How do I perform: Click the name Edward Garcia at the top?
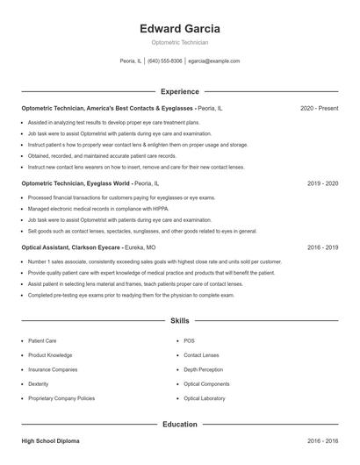[x=180, y=29]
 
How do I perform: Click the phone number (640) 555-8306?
[x=165, y=61]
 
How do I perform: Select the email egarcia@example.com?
[x=214, y=61]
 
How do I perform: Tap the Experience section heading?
[x=180, y=91]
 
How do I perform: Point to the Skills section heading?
[x=180, y=322]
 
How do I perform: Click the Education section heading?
[x=180, y=425]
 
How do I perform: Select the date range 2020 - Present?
[x=320, y=108]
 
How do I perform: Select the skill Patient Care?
[x=44, y=340]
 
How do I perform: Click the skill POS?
[x=189, y=340]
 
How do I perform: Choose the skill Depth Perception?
[x=204, y=369]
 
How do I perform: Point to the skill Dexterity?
[x=39, y=383]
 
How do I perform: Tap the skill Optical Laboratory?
[x=205, y=398]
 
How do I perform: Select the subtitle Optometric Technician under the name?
[x=180, y=42]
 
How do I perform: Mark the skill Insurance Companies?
[x=53, y=369]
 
